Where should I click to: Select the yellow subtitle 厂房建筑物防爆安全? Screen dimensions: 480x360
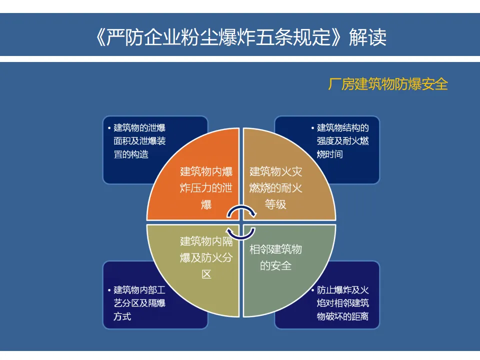click(x=387, y=84)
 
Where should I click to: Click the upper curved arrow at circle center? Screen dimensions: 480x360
click(x=242, y=212)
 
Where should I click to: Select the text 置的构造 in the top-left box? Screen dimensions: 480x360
click(x=131, y=154)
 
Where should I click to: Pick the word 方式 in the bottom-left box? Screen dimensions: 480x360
click(x=122, y=316)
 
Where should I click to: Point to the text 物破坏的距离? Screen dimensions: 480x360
click(x=343, y=316)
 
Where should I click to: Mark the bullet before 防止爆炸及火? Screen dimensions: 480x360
click(x=312, y=290)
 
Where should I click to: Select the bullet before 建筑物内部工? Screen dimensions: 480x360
click(x=109, y=290)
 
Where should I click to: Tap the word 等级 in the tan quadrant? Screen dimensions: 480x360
click(x=275, y=204)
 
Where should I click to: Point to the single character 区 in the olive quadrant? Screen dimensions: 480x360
click(x=206, y=274)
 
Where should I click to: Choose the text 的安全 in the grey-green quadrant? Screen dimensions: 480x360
click(x=275, y=265)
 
